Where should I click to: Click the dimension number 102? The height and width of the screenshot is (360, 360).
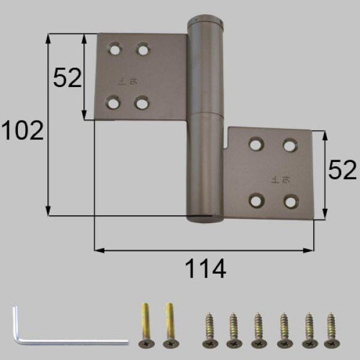pyautogui.click(x=22, y=130)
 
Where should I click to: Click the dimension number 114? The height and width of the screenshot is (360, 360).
pyautogui.click(x=205, y=268)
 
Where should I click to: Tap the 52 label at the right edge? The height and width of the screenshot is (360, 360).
pyautogui.click(x=343, y=172)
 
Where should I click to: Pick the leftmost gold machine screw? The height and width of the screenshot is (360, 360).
pyautogui.click(x=145, y=325)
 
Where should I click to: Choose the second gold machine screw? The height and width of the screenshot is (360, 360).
pyautogui.click(x=170, y=325)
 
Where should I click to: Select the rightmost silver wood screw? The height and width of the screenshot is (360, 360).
pyautogui.click(x=330, y=329)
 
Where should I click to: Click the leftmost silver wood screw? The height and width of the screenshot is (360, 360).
pyautogui.click(x=209, y=329)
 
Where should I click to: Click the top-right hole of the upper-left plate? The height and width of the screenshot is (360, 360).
pyautogui.click(x=142, y=49)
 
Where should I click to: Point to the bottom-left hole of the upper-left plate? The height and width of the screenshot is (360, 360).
pyautogui.click(x=112, y=103)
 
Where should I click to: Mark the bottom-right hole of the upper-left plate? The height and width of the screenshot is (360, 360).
pyautogui.click(x=142, y=103)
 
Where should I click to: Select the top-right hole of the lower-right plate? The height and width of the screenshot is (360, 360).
pyautogui.click(x=290, y=145)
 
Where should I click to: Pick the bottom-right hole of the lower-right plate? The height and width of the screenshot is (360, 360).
pyautogui.click(x=291, y=202)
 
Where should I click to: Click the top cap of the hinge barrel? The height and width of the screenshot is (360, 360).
pyautogui.click(x=205, y=22)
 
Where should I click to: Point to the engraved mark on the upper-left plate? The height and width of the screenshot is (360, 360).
pyautogui.click(x=127, y=79)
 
